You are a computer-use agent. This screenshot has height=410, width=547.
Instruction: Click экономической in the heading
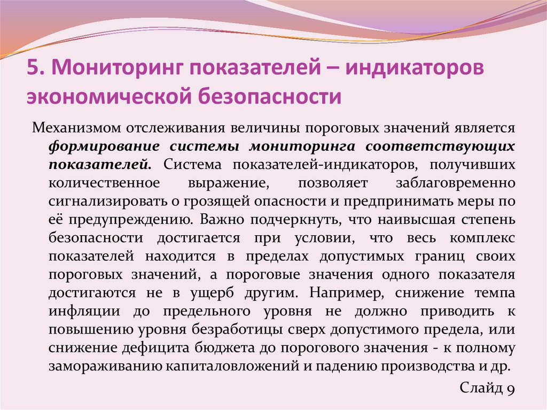(x=107, y=97)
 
